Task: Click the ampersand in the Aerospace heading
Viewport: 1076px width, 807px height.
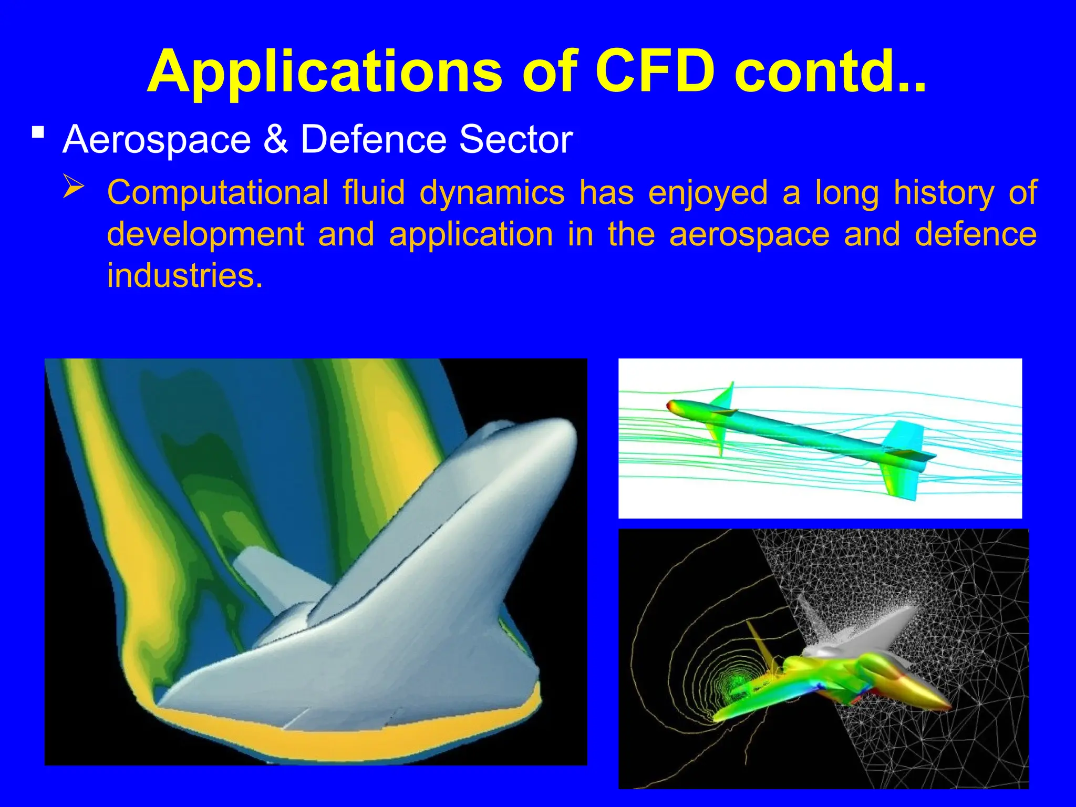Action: (276, 140)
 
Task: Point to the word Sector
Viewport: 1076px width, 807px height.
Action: (515, 140)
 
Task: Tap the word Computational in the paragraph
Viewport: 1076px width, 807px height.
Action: (218, 193)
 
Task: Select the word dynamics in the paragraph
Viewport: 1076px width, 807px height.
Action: (492, 193)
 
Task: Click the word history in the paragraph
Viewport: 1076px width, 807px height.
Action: (944, 193)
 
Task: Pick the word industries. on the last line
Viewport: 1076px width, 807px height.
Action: (184, 275)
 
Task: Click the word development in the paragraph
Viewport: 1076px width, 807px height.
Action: (205, 234)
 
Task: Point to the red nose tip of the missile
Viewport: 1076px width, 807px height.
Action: (670, 405)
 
